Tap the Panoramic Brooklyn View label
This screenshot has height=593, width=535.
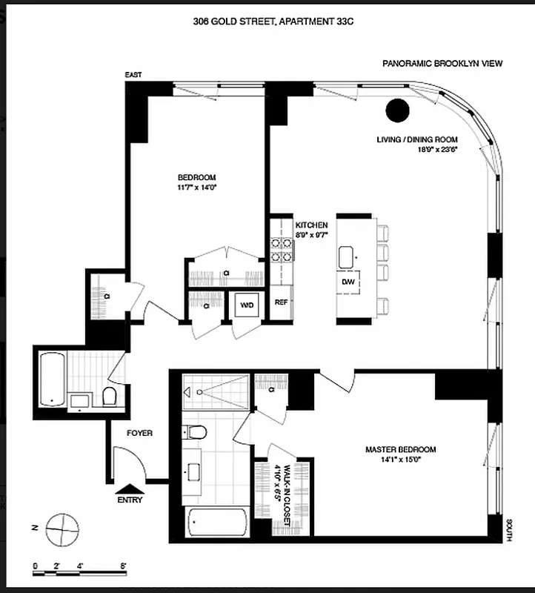click(442, 64)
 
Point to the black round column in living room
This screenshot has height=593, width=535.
click(397, 110)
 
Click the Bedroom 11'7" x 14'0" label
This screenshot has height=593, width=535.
click(196, 182)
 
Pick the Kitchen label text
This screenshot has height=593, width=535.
click(312, 225)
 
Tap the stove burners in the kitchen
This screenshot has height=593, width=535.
click(282, 249)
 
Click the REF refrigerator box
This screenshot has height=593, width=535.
click(282, 302)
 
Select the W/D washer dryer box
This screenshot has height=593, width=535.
click(245, 304)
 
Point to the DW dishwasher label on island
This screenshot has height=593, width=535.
click(348, 282)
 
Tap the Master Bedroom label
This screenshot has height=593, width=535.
click(400, 454)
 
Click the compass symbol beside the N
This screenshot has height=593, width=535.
click(61, 529)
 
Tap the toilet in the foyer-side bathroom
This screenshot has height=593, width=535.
click(109, 396)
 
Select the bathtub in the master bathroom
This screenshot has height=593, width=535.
click(216, 523)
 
